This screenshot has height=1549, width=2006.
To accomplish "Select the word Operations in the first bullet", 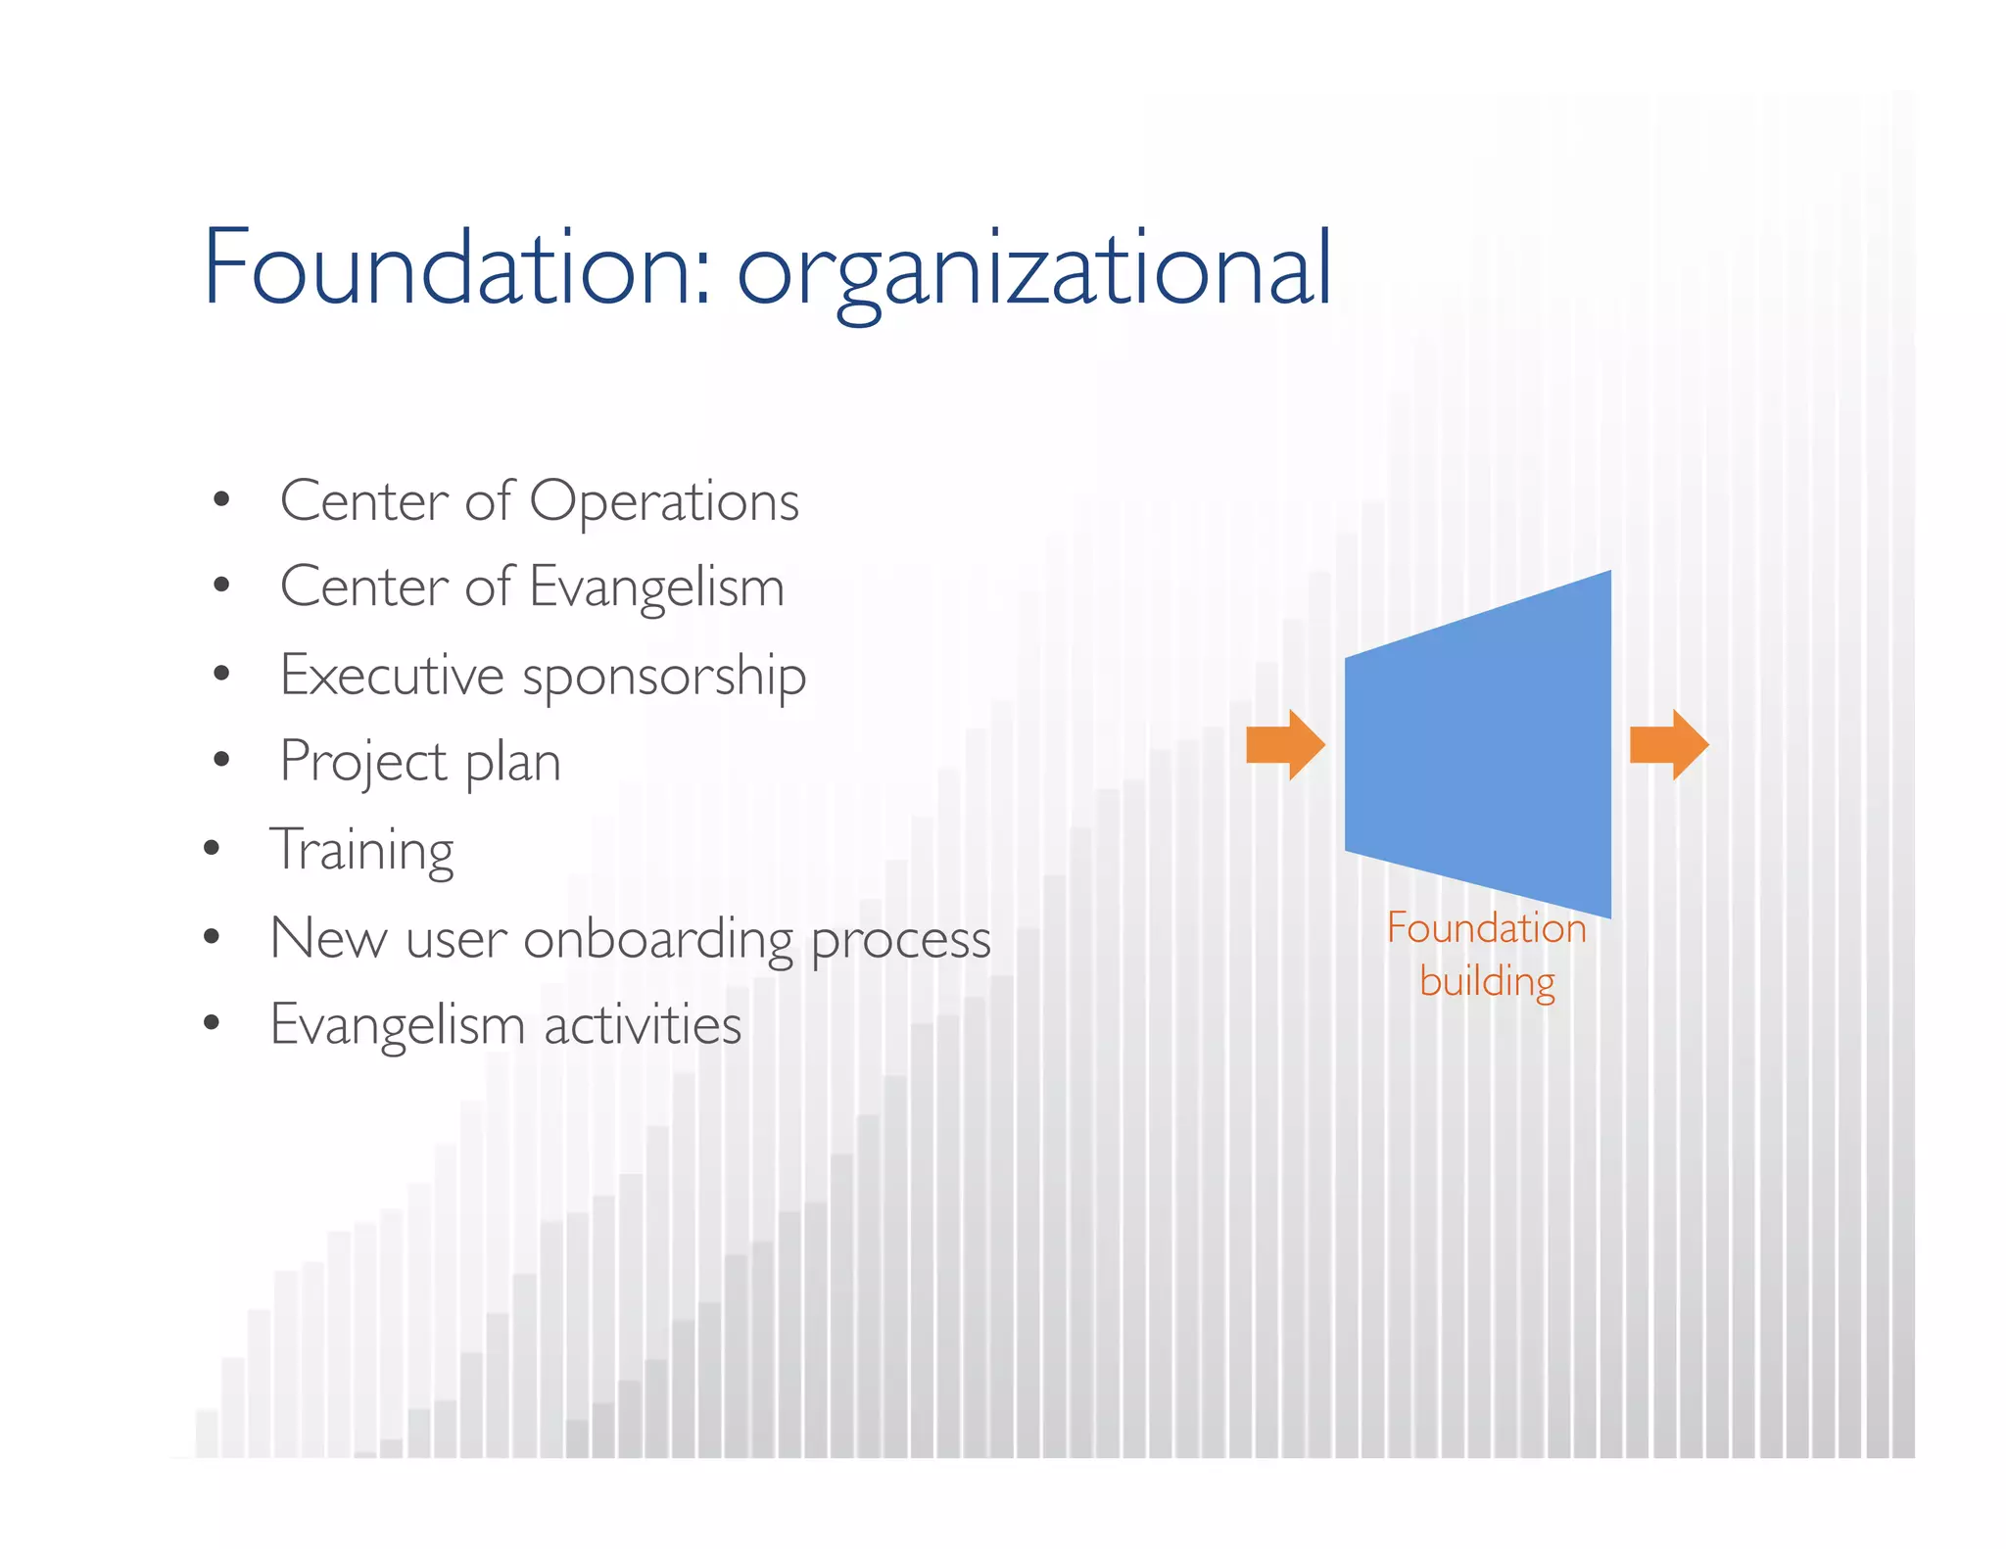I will (x=664, y=502).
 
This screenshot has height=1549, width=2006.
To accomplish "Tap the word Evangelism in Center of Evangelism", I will (x=656, y=588).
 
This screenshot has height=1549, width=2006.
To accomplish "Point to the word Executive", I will (x=391, y=676).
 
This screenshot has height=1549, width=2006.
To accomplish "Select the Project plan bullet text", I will (x=420, y=762).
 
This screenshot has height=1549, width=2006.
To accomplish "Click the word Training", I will (x=361, y=849).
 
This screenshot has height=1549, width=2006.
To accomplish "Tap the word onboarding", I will (x=658, y=938).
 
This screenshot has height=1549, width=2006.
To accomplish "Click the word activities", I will (x=643, y=1025).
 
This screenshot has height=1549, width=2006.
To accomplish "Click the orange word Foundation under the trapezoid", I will (x=1486, y=928).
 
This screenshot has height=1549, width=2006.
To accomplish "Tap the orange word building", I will (x=1487, y=981).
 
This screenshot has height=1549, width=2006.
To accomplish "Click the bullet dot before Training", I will (x=212, y=848).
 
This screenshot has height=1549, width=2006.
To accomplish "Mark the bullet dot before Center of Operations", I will (x=221, y=500).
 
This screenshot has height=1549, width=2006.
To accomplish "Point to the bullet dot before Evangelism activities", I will (x=212, y=1023).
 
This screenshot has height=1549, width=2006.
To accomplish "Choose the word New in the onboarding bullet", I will (x=328, y=938).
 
